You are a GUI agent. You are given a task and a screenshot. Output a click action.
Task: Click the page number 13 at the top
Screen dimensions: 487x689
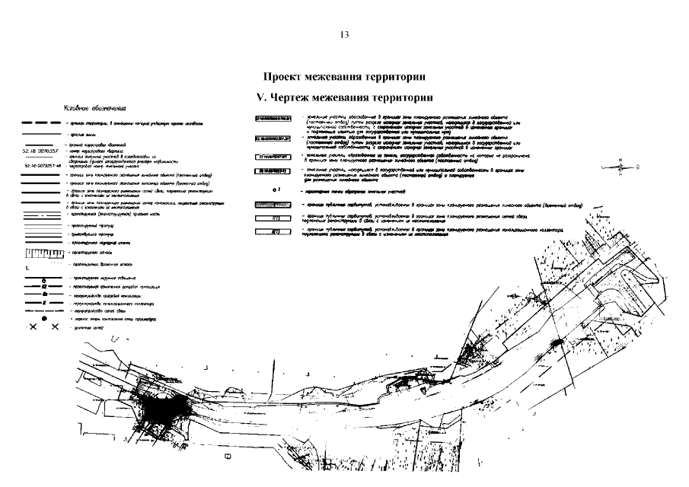tap(344, 35)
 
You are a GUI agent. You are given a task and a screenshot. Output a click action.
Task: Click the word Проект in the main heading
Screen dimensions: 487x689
tap(285, 77)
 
